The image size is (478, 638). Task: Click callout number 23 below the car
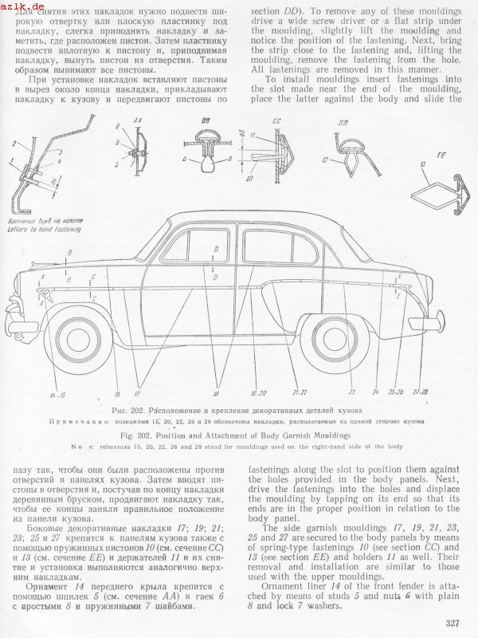(351, 392)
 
